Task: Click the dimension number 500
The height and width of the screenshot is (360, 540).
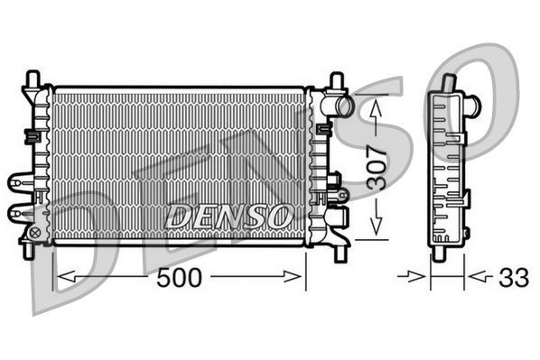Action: click(x=179, y=277)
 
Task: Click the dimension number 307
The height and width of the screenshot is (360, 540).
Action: click(x=380, y=168)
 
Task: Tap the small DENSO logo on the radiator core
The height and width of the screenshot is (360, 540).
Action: click(x=228, y=215)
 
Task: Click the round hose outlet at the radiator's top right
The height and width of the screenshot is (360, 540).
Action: click(x=344, y=106)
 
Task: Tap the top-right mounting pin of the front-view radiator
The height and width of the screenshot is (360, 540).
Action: click(x=337, y=81)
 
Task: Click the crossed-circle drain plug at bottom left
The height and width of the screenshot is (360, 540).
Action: click(x=35, y=233)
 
